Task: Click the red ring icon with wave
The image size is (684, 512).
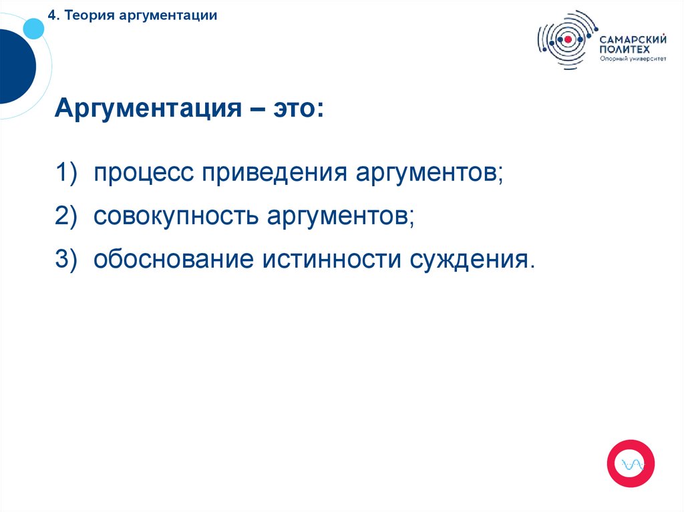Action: (x=630, y=463)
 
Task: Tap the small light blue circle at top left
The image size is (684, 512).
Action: (x=33, y=28)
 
